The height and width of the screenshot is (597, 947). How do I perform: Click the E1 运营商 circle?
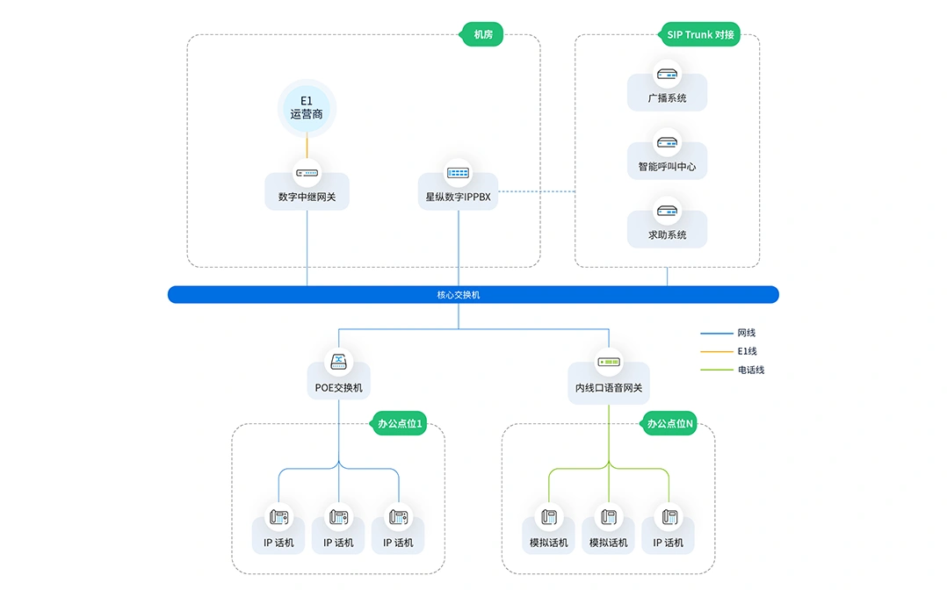tap(307, 108)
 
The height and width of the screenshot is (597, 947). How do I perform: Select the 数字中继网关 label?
tap(307, 197)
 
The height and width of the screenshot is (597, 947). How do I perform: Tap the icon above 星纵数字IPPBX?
tap(458, 173)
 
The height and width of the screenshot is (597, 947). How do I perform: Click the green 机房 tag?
tap(482, 34)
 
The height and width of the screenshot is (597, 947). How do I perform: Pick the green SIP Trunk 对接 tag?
tap(699, 34)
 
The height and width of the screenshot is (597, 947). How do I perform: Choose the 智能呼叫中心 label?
tap(667, 167)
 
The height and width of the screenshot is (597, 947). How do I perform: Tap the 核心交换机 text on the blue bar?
tap(459, 295)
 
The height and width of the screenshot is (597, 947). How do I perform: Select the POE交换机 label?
tap(339, 387)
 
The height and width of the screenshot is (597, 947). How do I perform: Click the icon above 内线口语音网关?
tap(608, 362)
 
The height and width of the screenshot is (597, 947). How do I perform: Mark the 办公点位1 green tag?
tap(399, 423)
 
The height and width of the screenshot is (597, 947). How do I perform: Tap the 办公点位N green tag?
tap(669, 423)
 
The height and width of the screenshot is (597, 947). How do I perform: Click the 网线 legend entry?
tap(728, 333)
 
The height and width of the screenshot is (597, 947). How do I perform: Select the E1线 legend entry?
tap(729, 351)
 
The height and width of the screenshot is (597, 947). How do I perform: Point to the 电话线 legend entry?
tap(733, 370)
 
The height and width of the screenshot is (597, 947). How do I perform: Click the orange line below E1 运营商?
tap(307, 147)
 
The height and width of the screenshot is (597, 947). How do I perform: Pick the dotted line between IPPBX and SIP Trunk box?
tap(536, 191)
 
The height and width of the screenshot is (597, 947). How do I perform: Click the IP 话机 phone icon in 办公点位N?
tap(669, 517)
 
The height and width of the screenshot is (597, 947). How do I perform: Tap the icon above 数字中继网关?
tap(307, 173)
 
